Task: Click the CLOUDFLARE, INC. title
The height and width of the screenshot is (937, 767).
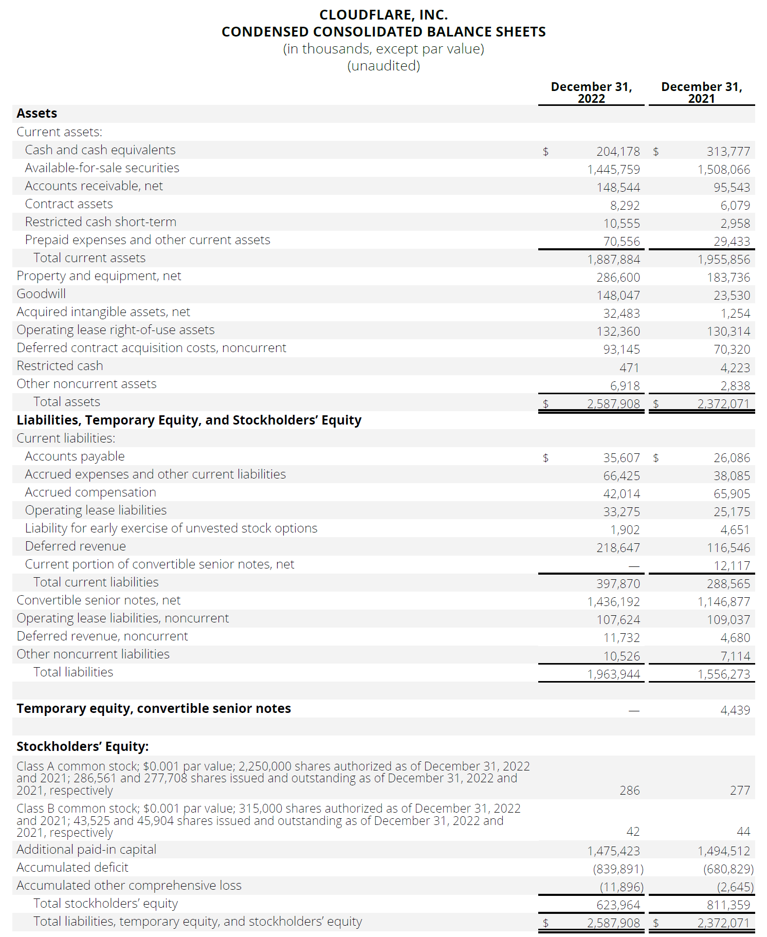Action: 383,15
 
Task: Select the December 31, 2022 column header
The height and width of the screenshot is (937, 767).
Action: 591,93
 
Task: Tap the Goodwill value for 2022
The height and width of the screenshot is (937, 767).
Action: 618,296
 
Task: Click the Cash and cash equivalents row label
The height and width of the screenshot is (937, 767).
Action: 100,150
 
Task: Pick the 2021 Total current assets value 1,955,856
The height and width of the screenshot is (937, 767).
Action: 723,260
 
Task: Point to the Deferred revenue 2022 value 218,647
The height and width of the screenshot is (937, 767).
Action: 618,548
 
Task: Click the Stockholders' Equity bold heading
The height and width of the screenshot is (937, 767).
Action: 82,746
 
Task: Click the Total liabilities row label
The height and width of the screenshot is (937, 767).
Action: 73,672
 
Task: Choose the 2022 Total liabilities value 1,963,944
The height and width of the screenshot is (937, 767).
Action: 613,674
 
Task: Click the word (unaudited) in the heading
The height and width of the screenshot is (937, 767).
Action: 383,66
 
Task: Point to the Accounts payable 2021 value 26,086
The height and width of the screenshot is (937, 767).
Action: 732,458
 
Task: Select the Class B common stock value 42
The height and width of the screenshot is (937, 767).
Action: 633,832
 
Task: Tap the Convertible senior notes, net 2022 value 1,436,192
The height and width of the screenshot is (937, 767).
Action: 613,602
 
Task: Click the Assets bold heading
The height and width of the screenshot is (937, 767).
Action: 36,114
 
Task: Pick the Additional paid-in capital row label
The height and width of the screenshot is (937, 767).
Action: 86,850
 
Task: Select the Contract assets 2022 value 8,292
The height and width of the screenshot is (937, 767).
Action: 625,206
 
